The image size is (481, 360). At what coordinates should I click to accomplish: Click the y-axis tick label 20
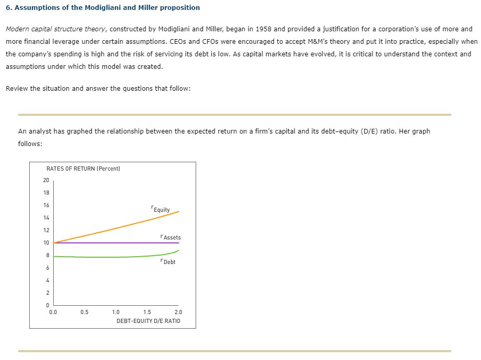pyautogui.click(x=46, y=180)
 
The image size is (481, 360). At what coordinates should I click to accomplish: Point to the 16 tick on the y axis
pyautogui.click(x=46, y=205)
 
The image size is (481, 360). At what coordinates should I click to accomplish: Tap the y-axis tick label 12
pyautogui.click(x=46, y=230)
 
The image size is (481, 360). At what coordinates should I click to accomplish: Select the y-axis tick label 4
pyautogui.click(x=46, y=280)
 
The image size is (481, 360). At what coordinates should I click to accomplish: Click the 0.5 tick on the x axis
pyautogui.click(x=85, y=313)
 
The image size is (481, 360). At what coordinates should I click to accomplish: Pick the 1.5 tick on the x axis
pyautogui.click(x=147, y=313)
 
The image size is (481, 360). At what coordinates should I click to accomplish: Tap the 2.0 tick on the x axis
pyautogui.click(x=178, y=313)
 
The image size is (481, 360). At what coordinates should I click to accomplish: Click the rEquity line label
pyautogui.click(x=160, y=209)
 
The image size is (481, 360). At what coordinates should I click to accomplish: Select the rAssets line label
pyautogui.click(x=171, y=237)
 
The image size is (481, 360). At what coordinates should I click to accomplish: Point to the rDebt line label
pyautogui.click(x=168, y=261)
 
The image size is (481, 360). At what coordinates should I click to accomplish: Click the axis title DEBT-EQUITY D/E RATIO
pyautogui.click(x=148, y=320)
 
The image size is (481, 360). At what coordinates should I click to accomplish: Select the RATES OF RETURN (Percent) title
pyautogui.click(x=83, y=169)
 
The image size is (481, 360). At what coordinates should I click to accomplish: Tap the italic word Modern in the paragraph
pyautogui.click(x=18, y=29)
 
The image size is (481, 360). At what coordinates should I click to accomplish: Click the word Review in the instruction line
pyautogui.click(x=17, y=88)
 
